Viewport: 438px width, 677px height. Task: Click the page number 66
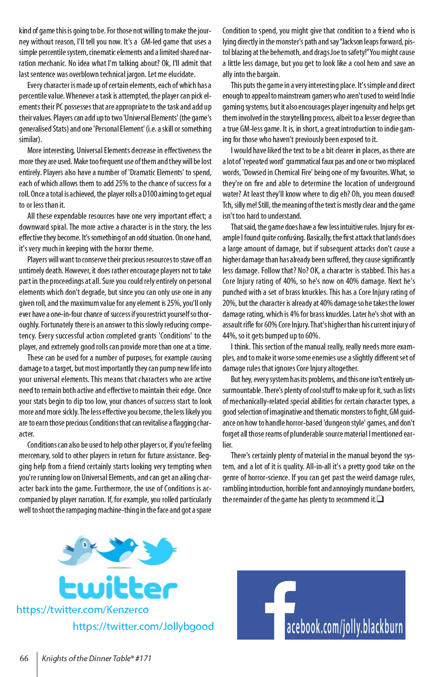click(x=24, y=659)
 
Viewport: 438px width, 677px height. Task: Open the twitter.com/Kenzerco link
click(x=82, y=610)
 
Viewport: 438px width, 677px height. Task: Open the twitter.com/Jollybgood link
click(x=143, y=626)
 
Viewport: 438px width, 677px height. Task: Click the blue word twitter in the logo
click(x=118, y=588)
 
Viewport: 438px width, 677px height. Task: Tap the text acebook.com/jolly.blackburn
click(x=345, y=627)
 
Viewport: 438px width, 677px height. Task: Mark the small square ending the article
click(x=380, y=499)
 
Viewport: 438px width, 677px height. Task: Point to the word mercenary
click(x=37, y=456)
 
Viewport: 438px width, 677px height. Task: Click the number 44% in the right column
click(x=229, y=336)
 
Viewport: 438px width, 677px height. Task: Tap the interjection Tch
click(x=228, y=205)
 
